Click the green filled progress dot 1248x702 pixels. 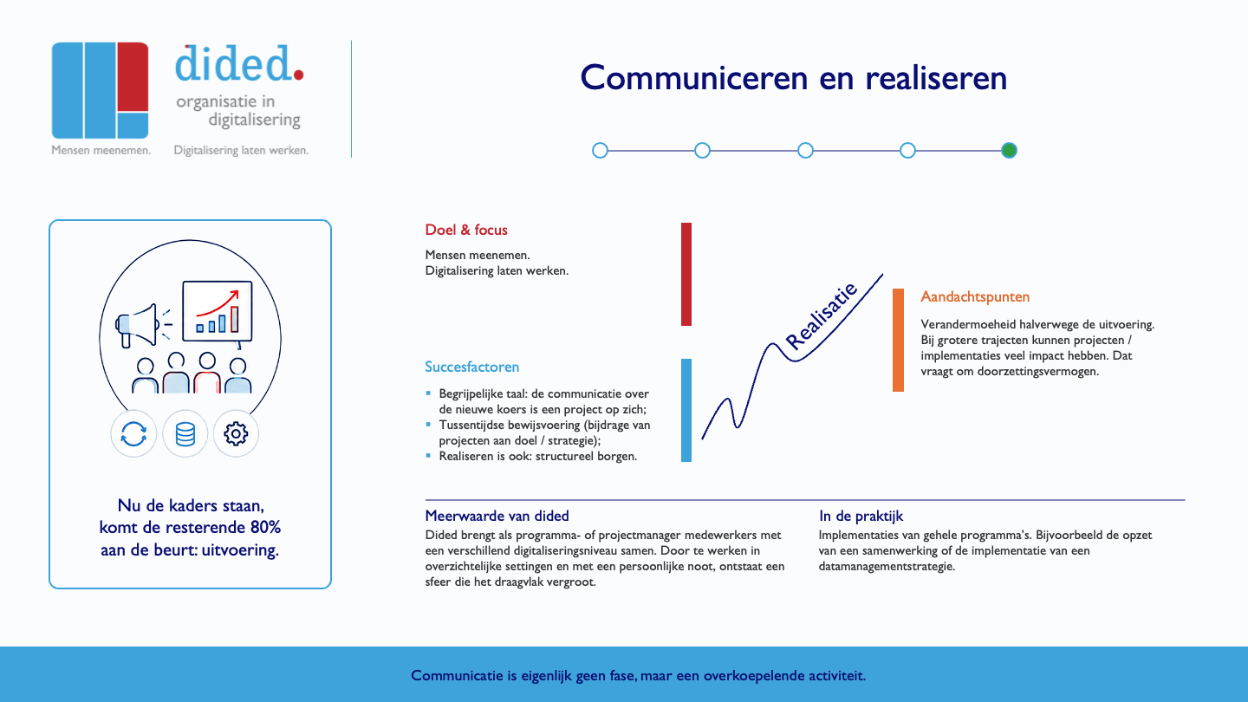tap(1009, 151)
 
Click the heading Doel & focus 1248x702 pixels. tap(466, 231)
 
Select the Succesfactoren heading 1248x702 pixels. tap(471, 367)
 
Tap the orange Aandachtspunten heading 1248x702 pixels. tap(975, 297)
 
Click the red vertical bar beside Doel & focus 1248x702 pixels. tap(686, 274)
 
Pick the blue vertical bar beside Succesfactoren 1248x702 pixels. tap(686, 410)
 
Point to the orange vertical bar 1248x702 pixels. tap(898, 340)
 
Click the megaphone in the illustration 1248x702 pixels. tap(138, 325)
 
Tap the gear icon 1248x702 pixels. tap(236, 433)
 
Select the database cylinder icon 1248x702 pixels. tap(185, 434)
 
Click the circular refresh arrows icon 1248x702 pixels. tap(133, 434)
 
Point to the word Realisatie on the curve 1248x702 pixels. tap(821, 315)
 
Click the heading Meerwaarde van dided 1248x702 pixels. tap(497, 516)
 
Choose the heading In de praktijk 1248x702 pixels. tap(861, 516)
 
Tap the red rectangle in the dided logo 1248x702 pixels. tap(133, 77)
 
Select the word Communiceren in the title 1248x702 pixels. tap(693, 77)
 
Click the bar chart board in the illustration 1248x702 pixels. tap(218, 311)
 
